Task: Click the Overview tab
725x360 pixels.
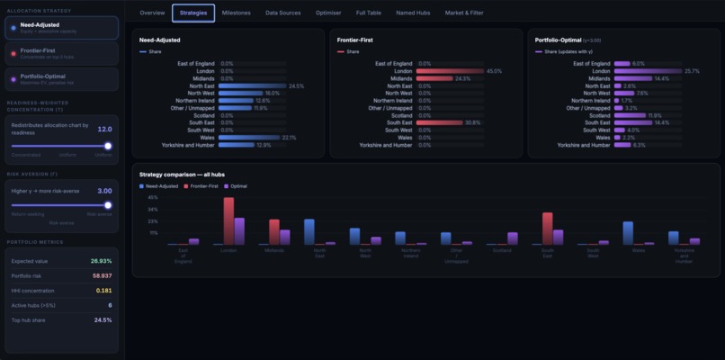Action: click(152, 13)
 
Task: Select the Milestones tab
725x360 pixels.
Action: click(237, 13)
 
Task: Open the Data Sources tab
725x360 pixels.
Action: click(283, 13)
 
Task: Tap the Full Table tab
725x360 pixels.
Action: click(368, 13)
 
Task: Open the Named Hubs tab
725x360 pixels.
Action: click(412, 13)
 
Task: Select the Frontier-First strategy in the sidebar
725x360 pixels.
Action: click(59, 53)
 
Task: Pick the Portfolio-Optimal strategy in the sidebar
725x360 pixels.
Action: click(59, 78)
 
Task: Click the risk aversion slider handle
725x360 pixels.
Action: click(108, 205)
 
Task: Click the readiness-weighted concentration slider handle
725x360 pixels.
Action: click(108, 145)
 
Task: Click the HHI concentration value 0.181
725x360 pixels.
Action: click(103, 291)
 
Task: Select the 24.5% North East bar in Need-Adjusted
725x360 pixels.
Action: click(252, 85)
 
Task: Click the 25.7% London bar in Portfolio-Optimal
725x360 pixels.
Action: click(647, 71)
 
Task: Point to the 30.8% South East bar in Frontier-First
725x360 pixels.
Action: click(439, 122)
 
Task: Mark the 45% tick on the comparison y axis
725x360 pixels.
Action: click(152, 197)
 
